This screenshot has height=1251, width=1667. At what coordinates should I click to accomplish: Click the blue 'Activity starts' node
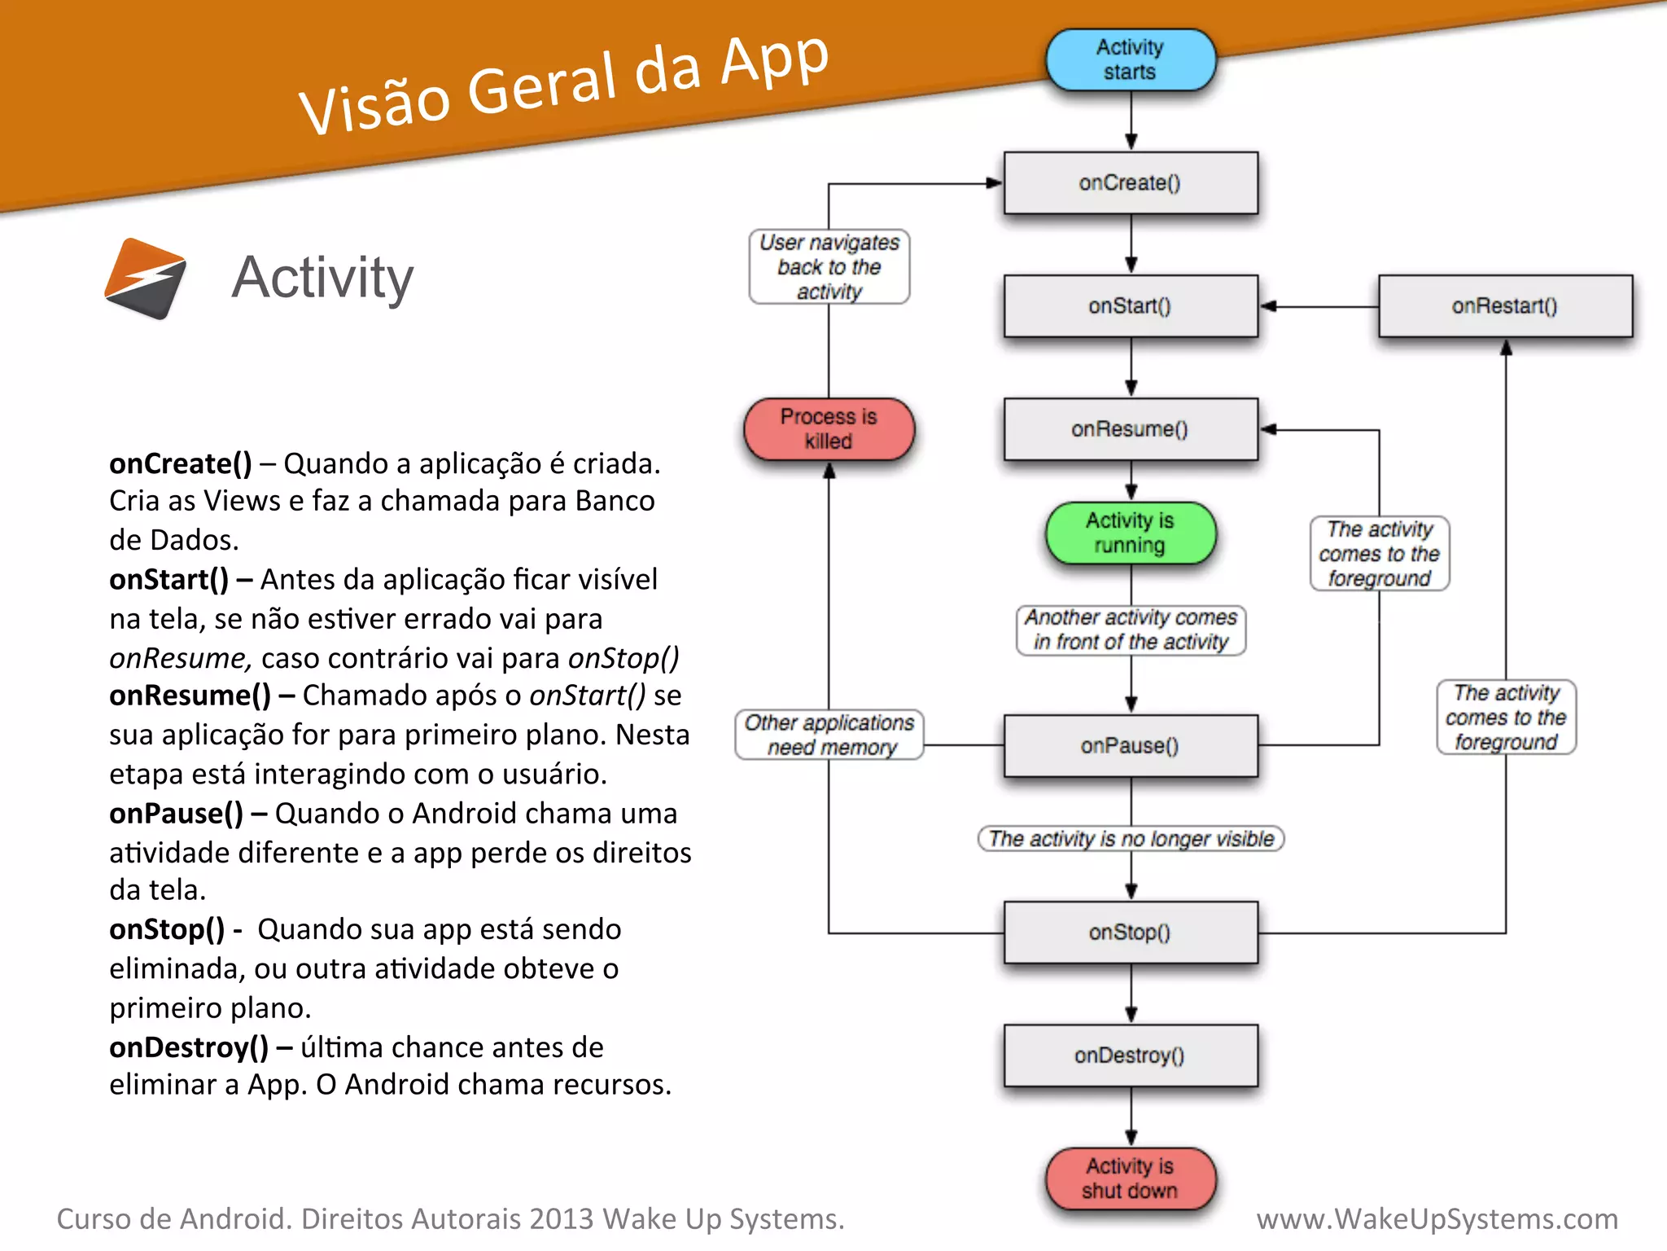[1130, 59]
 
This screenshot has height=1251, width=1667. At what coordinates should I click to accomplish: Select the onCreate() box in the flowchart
[1130, 183]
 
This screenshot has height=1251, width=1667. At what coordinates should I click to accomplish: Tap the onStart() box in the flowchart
[1130, 306]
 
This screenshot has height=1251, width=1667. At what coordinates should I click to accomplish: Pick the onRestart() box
[1504, 306]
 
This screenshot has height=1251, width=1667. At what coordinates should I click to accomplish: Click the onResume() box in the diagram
[1130, 429]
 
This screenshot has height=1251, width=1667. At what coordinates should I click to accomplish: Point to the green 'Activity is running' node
[1130, 533]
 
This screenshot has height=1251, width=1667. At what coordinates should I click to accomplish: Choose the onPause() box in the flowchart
[1130, 746]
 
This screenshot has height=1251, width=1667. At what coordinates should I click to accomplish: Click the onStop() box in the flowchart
[1130, 933]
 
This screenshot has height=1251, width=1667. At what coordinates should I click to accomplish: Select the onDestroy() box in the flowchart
[1130, 1056]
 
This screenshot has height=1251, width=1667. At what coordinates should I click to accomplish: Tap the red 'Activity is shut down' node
[1130, 1179]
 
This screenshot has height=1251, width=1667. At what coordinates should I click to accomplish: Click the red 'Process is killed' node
[829, 429]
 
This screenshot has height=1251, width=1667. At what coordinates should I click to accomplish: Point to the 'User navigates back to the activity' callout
[829, 267]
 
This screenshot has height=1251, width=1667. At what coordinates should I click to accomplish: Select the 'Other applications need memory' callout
[829, 735]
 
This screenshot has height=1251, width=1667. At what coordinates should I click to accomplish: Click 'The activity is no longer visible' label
[1131, 839]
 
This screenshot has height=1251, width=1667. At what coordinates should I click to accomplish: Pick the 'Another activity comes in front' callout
[1131, 630]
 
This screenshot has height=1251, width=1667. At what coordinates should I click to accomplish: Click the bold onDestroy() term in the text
[189, 1047]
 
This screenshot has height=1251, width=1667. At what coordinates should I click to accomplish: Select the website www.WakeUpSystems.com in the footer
[1437, 1219]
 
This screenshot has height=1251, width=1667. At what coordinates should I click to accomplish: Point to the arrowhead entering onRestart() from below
[1506, 348]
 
